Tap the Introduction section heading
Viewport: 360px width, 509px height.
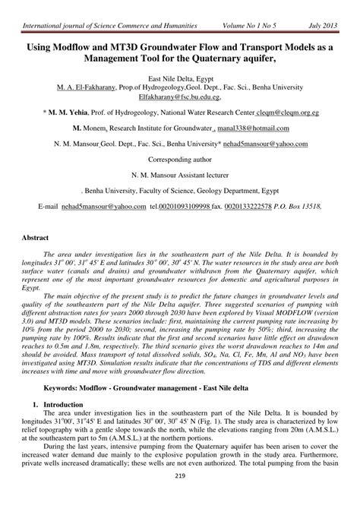tap(66, 405)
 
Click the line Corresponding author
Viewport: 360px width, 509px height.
tap(180, 159)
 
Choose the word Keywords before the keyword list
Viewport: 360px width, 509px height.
tap(63, 387)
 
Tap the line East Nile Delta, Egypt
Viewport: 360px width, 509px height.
tap(180, 78)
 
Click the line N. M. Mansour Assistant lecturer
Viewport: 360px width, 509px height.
tap(180, 174)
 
